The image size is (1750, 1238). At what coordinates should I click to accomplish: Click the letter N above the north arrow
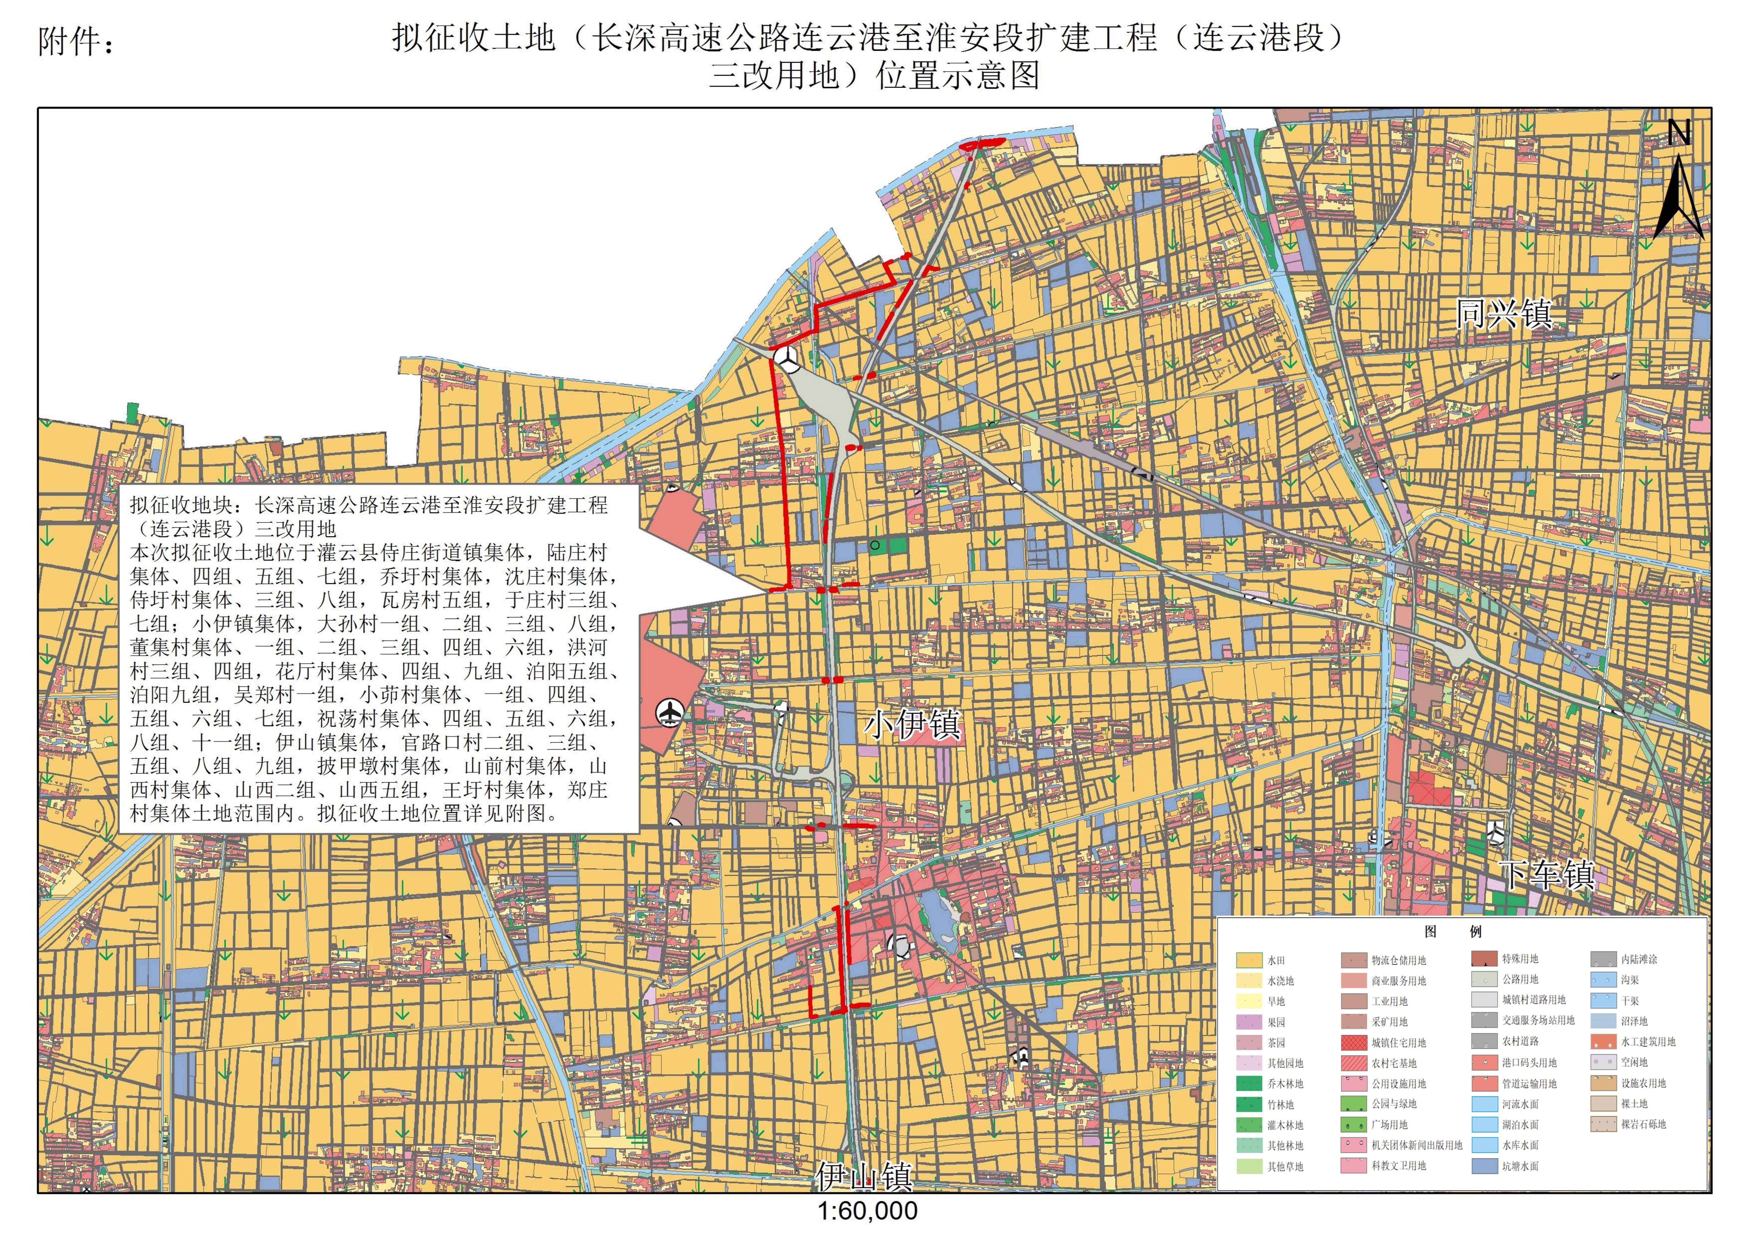1679,134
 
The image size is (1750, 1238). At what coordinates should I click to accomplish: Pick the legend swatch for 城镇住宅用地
1354,1042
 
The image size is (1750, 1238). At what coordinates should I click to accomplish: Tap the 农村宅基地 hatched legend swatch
1354,1063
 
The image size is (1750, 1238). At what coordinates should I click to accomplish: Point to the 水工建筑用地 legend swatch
1604,1042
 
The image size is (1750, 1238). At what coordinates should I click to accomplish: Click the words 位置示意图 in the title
958,75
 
